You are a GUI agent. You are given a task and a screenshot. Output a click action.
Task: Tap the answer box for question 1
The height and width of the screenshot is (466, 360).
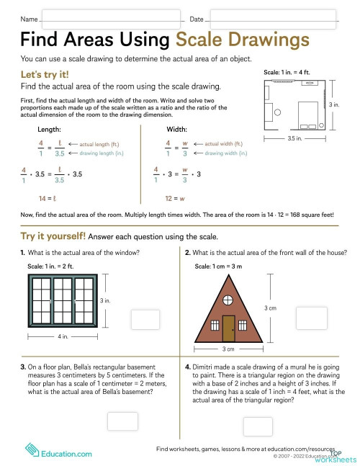click(x=145, y=318)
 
